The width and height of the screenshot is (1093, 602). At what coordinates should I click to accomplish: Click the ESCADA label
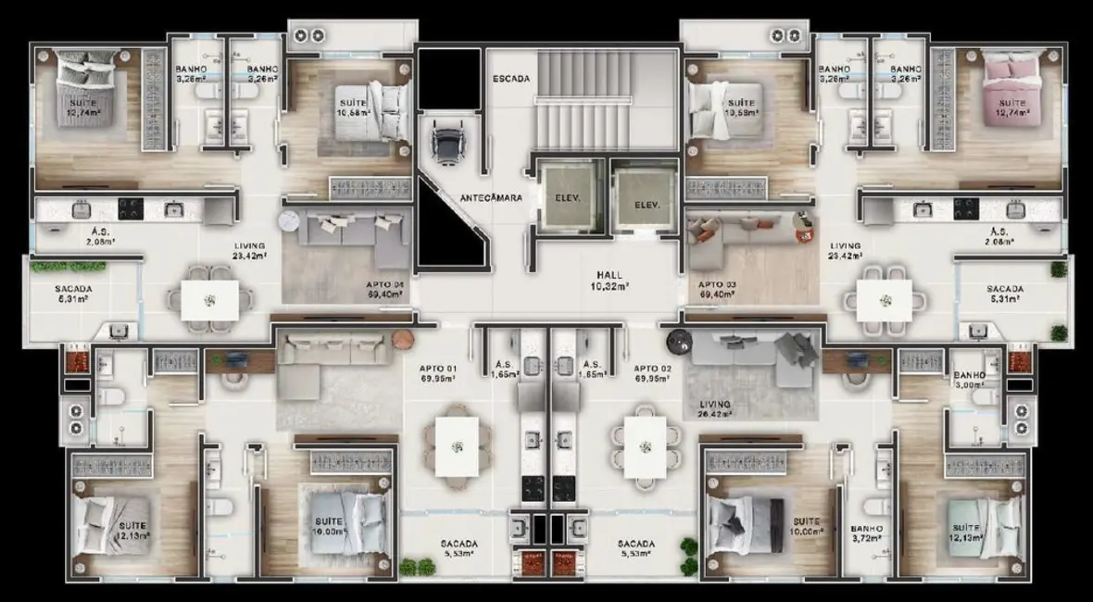(x=510, y=79)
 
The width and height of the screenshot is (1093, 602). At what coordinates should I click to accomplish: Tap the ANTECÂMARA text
(x=491, y=197)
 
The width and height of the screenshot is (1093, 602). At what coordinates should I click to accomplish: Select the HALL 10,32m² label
(x=609, y=281)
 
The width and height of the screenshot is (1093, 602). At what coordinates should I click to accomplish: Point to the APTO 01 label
(x=438, y=373)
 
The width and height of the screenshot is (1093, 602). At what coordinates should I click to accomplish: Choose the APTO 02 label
(x=653, y=373)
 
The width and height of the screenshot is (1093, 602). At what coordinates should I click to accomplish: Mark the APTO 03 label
(x=717, y=289)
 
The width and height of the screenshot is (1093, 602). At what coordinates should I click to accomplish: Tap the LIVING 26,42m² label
(x=716, y=409)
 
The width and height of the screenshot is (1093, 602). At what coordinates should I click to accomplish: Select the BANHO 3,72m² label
(x=867, y=534)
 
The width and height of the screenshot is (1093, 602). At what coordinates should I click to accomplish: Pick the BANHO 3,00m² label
(x=970, y=381)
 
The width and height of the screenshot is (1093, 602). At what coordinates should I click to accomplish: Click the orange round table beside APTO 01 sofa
(x=402, y=339)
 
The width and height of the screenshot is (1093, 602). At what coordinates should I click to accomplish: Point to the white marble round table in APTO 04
(x=290, y=220)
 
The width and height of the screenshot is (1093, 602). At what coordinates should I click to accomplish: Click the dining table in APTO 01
(x=457, y=446)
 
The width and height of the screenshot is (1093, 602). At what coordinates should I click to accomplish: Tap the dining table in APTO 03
(x=884, y=300)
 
